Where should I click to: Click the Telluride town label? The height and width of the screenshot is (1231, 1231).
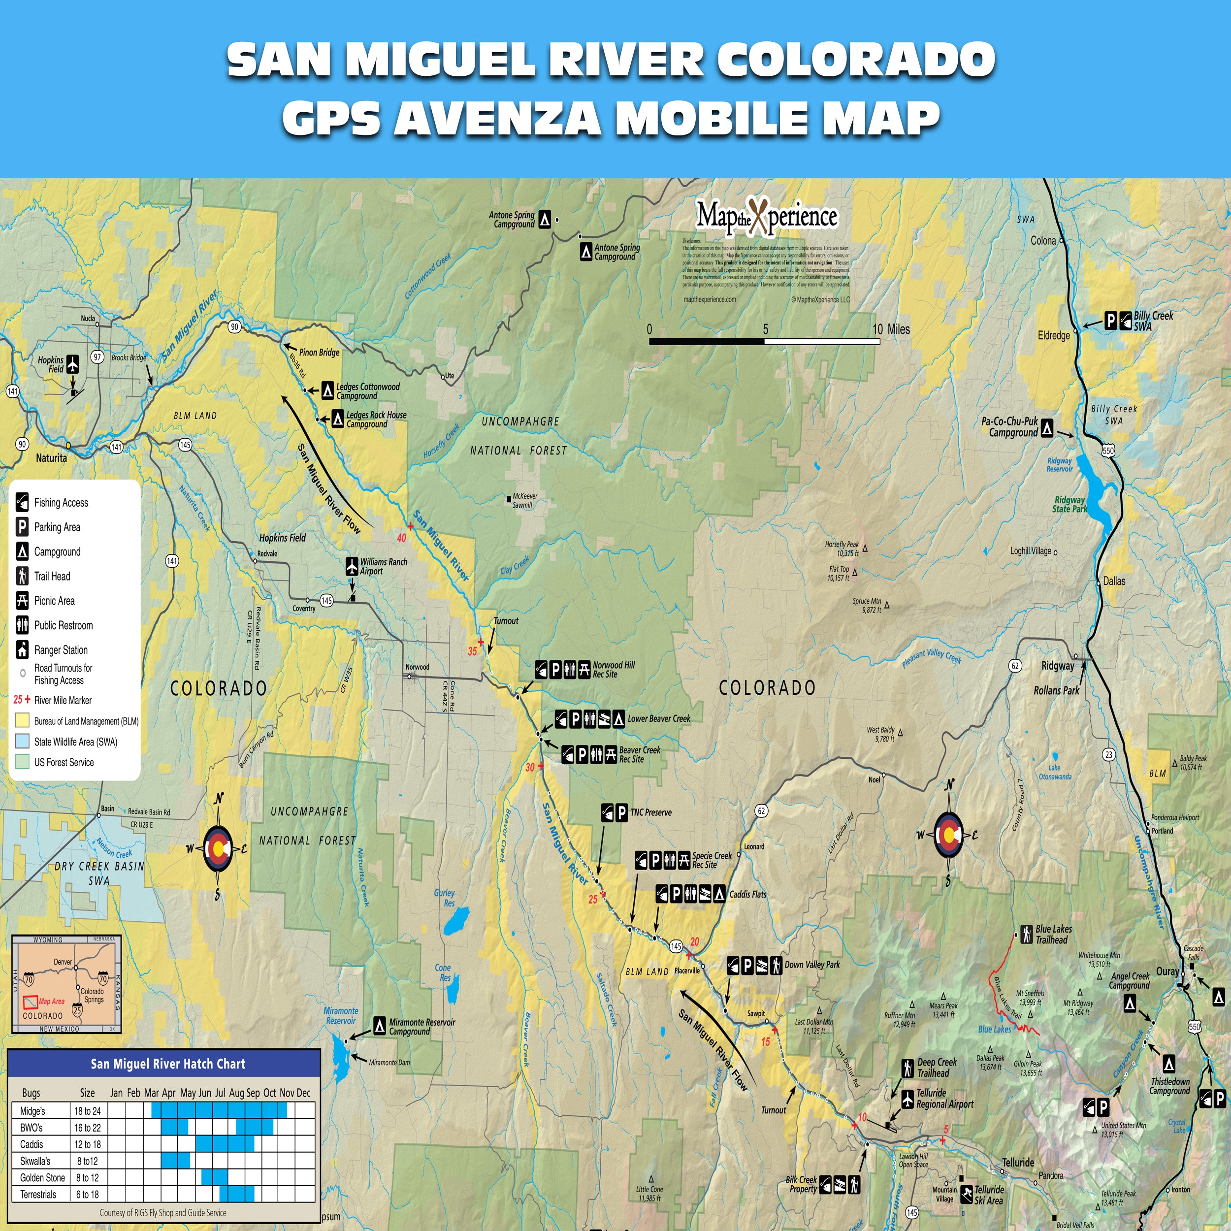point(1018,1162)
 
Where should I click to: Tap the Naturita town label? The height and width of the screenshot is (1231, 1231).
point(51,457)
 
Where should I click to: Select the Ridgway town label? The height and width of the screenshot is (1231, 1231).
point(1057,666)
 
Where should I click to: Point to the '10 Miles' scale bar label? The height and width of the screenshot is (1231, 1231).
point(891,329)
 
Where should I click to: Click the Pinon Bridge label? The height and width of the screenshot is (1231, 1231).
point(319,353)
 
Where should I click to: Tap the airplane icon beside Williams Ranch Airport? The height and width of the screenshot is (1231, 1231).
point(352,566)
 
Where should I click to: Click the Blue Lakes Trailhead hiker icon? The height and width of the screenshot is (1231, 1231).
point(1027,934)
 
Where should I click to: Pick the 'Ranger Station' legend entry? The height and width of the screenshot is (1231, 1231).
point(61,650)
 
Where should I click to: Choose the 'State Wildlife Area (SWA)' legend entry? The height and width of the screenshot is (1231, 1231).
point(75,742)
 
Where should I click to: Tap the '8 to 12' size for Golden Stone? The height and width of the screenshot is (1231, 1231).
point(87,1177)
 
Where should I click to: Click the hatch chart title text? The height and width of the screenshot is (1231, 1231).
point(167,1064)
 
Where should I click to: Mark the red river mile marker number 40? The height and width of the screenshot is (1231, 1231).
point(401,538)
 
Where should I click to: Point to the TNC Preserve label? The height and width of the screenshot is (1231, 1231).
point(650,812)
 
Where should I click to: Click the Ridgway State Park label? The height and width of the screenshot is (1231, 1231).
point(1069,504)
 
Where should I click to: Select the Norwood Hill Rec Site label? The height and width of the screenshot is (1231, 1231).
point(614,669)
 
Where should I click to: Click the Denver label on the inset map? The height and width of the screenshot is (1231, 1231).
point(63,962)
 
